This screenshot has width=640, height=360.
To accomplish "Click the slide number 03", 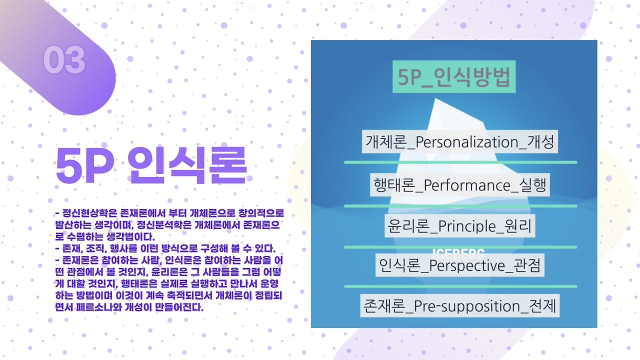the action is (64, 60).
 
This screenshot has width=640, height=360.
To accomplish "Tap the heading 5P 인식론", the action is (151, 165).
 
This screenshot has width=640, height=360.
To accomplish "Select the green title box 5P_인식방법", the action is (454, 76).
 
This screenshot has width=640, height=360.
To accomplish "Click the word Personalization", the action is (467, 141).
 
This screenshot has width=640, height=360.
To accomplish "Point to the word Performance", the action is (467, 185).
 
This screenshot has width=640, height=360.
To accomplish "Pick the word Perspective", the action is (467, 265).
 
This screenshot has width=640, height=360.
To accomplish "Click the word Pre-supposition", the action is (467, 306).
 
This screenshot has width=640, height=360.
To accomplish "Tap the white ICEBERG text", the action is (458, 253).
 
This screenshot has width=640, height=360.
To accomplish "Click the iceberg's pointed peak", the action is (435, 99).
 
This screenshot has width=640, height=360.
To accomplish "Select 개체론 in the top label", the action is (386, 141).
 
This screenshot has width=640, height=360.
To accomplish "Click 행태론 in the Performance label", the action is (394, 185).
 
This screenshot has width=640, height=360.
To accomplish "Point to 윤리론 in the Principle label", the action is (408, 226).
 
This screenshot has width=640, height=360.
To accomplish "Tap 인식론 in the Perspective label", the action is (399, 265).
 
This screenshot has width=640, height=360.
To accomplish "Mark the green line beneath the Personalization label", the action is (460, 162).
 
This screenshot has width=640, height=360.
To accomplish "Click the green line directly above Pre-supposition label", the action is (460, 286).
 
